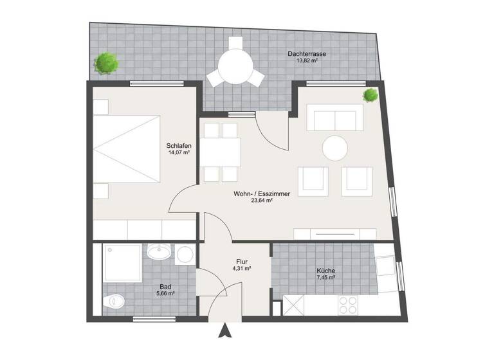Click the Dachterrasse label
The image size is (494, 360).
coord(307,54)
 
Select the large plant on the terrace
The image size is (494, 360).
coord(106,62)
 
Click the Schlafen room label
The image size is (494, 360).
coord(178,145)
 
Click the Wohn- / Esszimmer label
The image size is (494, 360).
coord(262,193)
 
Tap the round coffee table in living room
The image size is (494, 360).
coord(334,148)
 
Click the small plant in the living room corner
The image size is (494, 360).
coord(370,96)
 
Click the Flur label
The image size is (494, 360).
coord(242,262)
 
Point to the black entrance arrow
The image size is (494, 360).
coord(224,331)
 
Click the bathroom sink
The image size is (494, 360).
coord(158,252)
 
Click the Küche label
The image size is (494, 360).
coord(325,271)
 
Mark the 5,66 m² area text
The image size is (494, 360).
coord(165,293)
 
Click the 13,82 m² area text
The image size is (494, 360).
coord(307,61)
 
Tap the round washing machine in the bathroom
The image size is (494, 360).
coord(185,254)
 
